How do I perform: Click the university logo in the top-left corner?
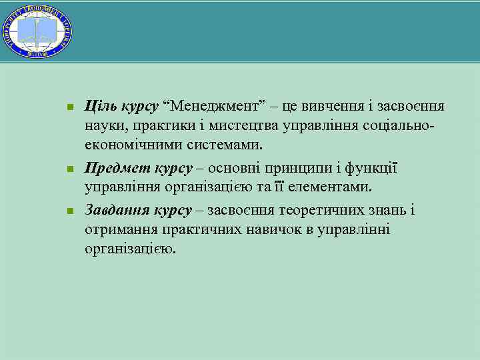coord(37,29)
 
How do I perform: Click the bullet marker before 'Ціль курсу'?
coord(69,107)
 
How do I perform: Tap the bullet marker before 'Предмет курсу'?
coord(69,169)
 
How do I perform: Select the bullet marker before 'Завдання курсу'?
coord(69,211)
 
